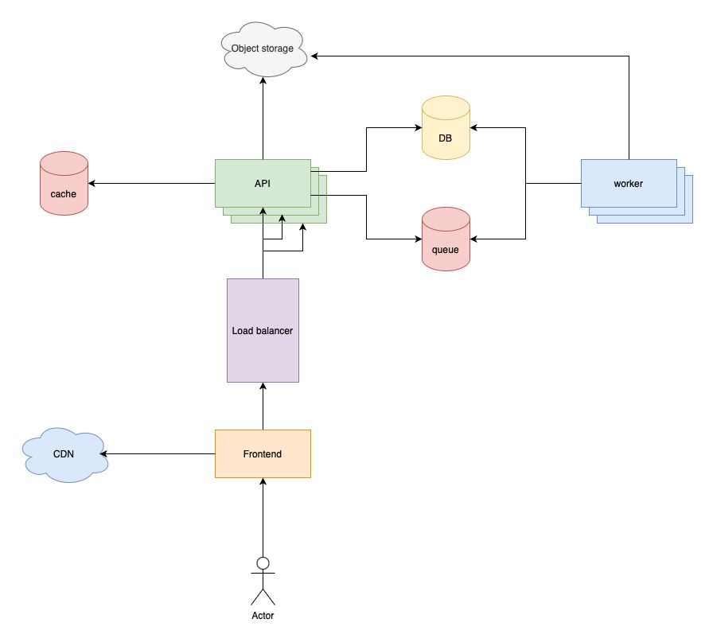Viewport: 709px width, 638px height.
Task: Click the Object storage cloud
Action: (x=262, y=49)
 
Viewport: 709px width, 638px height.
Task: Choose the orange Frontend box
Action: (x=263, y=453)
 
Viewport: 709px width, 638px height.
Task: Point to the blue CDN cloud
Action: (x=64, y=455)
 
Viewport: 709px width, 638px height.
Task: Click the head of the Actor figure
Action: (x=263, y=563)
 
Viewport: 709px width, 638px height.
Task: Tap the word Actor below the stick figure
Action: (x=263, y=616)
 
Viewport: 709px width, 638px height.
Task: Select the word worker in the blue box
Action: (x=628, y=184)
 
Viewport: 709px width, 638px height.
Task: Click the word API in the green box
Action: (x=263, y=184)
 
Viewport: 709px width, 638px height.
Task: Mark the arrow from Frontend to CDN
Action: (x=159, y=453)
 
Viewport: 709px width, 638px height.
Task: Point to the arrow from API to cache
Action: (x=151, y=183)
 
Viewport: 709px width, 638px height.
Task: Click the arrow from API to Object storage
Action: (x=263, y=119)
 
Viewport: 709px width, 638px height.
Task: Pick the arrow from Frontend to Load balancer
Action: (x=263, y=406)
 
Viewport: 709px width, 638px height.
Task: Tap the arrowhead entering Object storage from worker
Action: (x=315, y=56)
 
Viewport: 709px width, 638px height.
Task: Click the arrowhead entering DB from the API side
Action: (x=417, y=127)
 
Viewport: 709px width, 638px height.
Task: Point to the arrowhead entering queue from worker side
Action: (x=475, y=239)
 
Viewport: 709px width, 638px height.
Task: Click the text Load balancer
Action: (x=263, y=330)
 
